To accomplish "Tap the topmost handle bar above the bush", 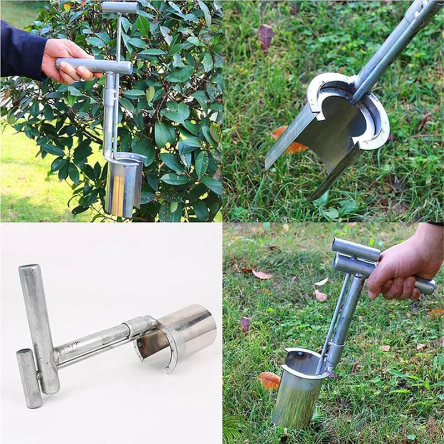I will pos(119,7).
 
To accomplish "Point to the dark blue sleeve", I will pos(20,50).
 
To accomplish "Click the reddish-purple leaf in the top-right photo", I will pos(266,36).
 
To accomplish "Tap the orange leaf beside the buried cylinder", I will pos(269,380).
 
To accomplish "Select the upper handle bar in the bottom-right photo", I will pos(355,250).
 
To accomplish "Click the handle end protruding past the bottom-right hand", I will pos(425,286).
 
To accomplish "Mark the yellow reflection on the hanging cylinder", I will pos(118,191).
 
